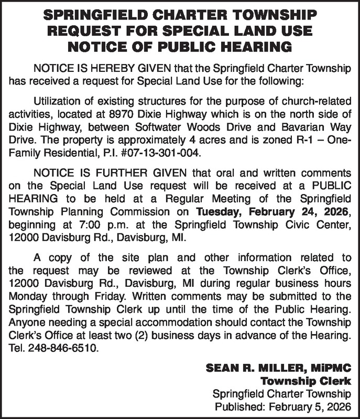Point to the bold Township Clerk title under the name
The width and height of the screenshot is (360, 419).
coord(306,380)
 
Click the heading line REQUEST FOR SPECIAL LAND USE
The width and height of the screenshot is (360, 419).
coord(179,30)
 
